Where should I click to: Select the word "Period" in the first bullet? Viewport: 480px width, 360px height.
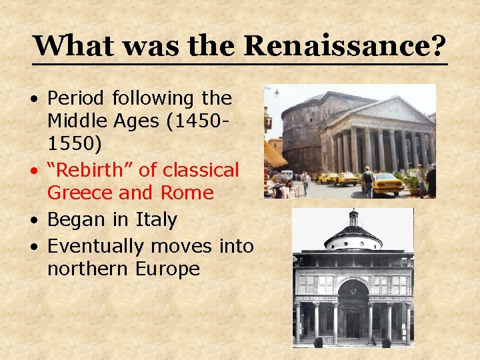(76, 99)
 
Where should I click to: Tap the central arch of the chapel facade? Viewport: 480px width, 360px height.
(353, 290)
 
